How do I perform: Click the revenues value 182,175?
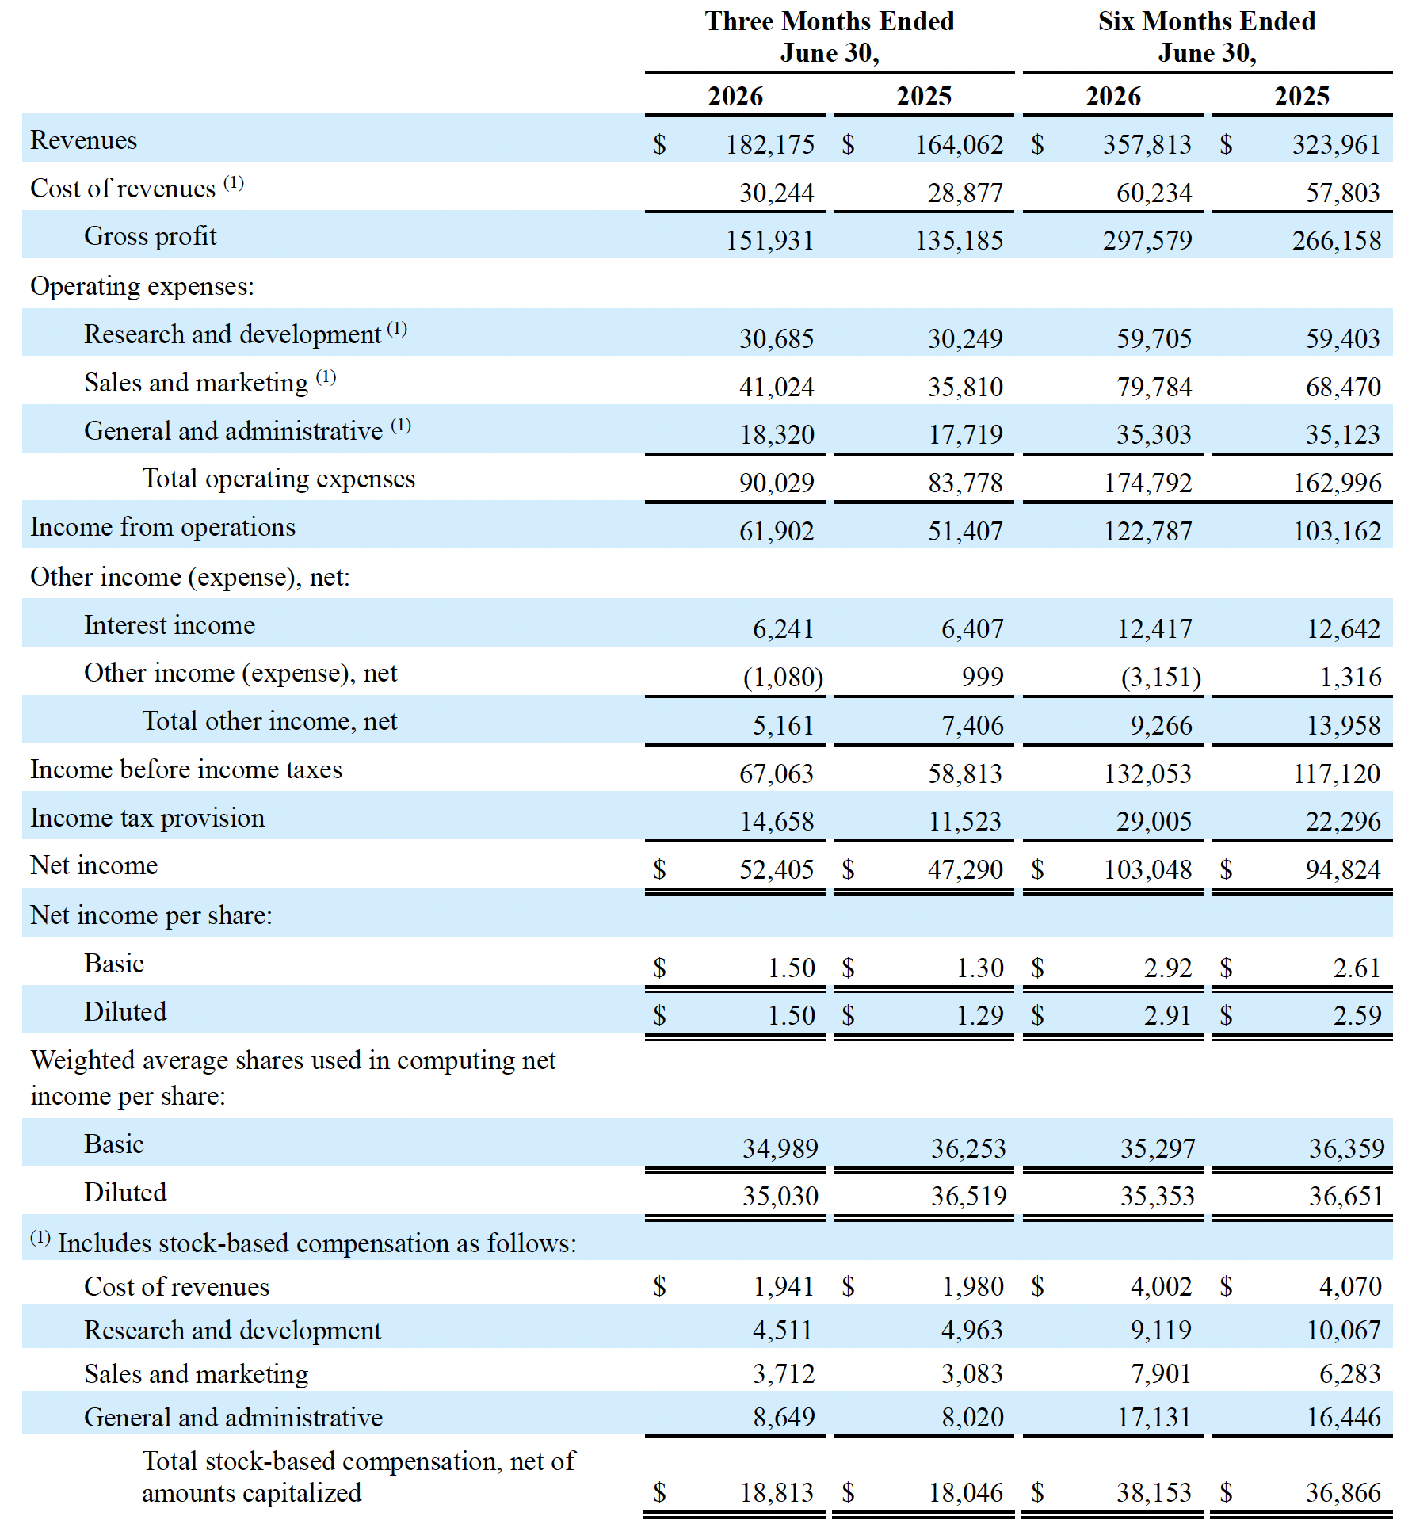(x=769, y=144)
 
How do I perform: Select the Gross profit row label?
(x=150, y=236)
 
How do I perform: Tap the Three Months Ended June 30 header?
(x=830, y=36)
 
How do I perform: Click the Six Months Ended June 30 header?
(x=1207, y=36)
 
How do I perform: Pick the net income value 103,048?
(x=1147, y=869)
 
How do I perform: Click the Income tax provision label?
(x=147, y=818)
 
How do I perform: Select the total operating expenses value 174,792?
(x=1147, y=483)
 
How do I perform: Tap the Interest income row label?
(x=170, y=625)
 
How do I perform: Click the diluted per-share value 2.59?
(x=1357, y=1015)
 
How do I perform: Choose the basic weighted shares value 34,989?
(x=780, y=1148)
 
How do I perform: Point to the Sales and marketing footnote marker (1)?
(x=326, y=376)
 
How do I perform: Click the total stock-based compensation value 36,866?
(x=1343, y=1492)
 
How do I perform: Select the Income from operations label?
(x=162, y=527)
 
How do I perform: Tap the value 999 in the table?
(x=983, y=677)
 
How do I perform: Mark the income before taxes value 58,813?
(x=965, y=773)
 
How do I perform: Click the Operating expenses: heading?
(x=142, y=286)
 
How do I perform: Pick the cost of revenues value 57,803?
(x=1343, y=193)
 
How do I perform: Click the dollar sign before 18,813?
(x=659, y=1493)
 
